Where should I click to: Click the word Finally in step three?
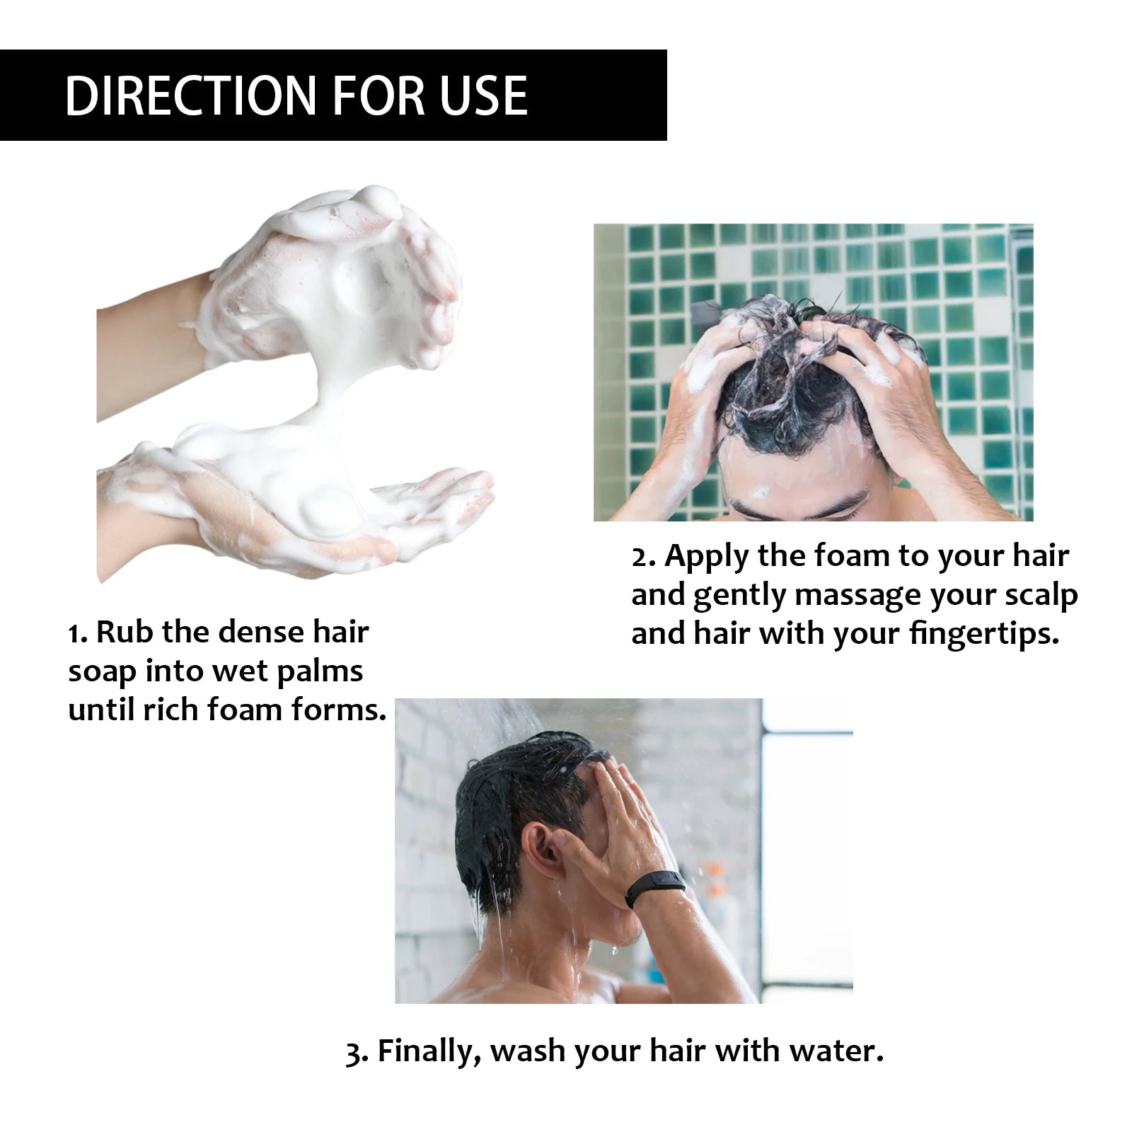pyautogui.click(x=429, y=1052)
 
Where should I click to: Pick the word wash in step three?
pyautogui.click(x=529, y=1051)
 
